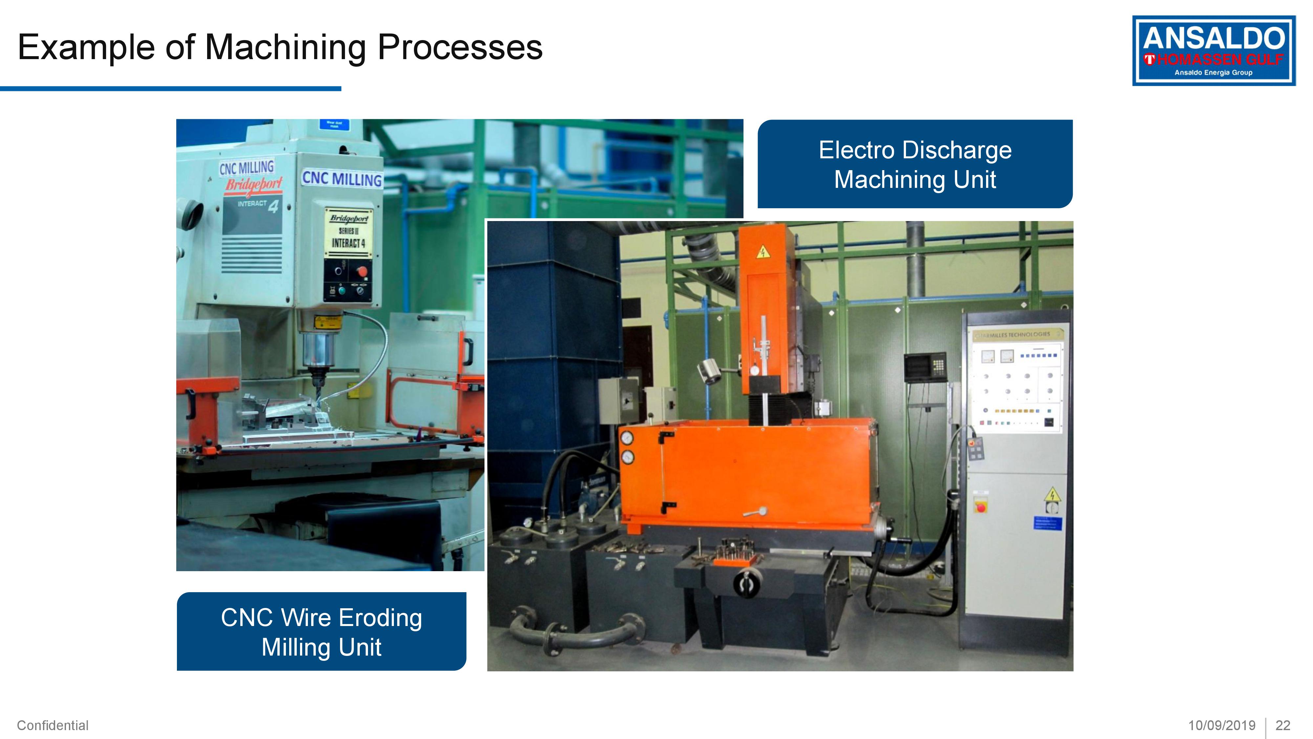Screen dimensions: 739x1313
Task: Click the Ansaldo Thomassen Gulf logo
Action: [x=1214, y=51]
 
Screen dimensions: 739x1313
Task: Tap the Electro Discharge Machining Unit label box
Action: [x=915, y=164]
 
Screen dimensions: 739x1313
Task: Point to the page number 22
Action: [x=1282, y=725]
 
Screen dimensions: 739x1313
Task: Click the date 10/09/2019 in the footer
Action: [x=1222, y=725]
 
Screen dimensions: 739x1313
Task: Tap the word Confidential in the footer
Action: [x=53, y=725]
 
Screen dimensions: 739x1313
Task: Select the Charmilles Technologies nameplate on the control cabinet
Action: [x=1017, y=335]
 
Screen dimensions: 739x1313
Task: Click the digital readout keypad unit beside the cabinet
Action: [x=924, y=366]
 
